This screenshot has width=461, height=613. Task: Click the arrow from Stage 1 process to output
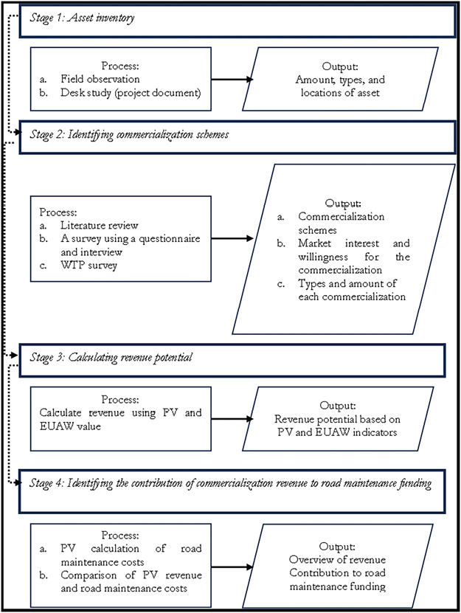point(230,77)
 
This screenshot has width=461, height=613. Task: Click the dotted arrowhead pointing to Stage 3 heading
point(21,357)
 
